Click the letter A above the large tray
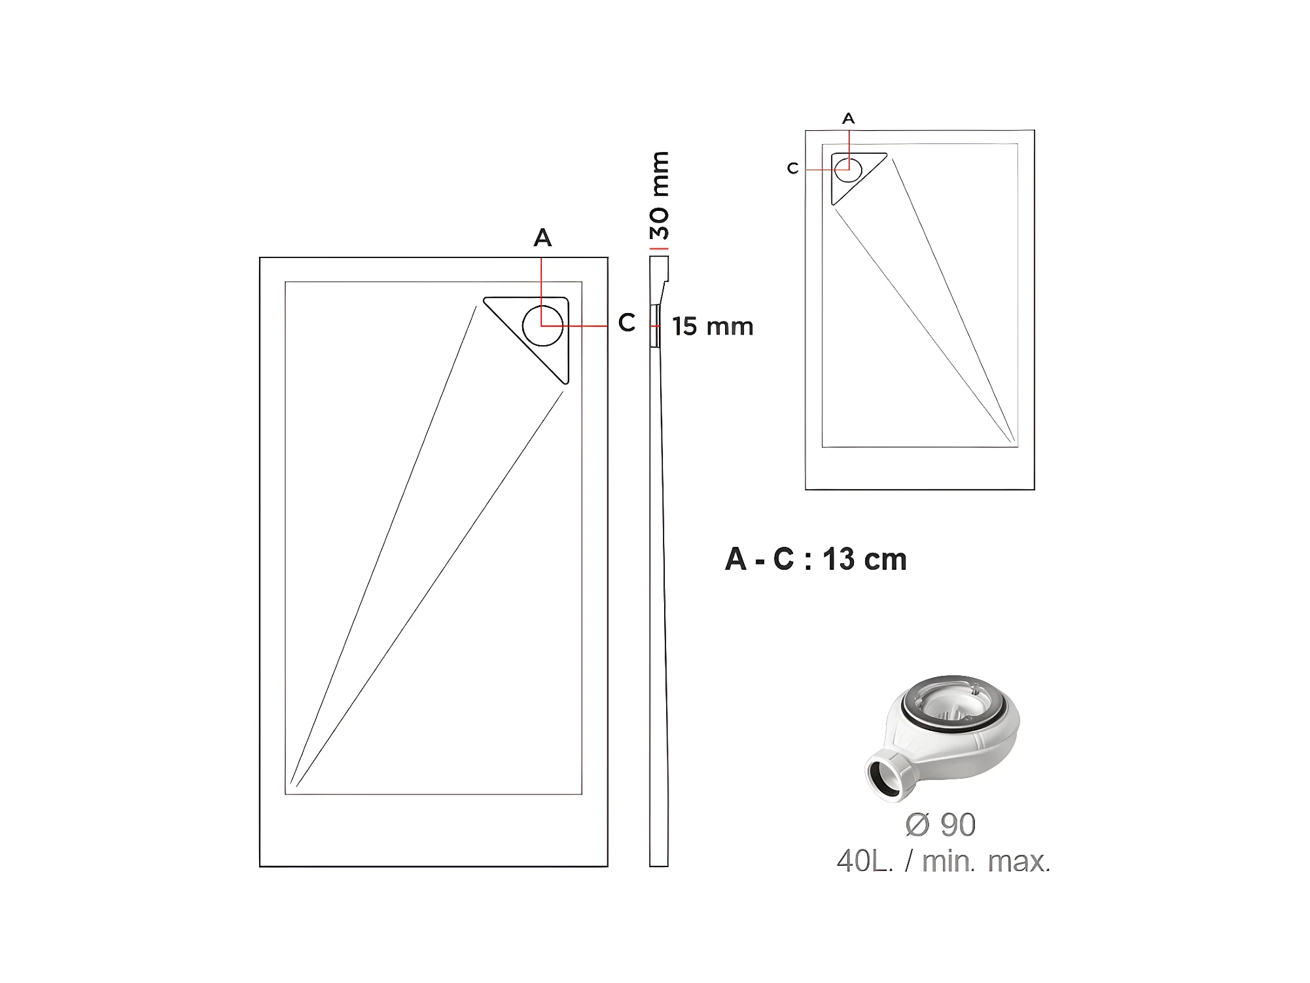pos(542,238)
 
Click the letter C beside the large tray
pos(626,322)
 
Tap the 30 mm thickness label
pos(660,195)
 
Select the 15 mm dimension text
pos(713,326)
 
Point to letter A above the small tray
pos(848,119)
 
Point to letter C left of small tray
pos(792,169)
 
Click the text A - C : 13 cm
pos(816,559)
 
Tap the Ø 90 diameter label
pos(940,825)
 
